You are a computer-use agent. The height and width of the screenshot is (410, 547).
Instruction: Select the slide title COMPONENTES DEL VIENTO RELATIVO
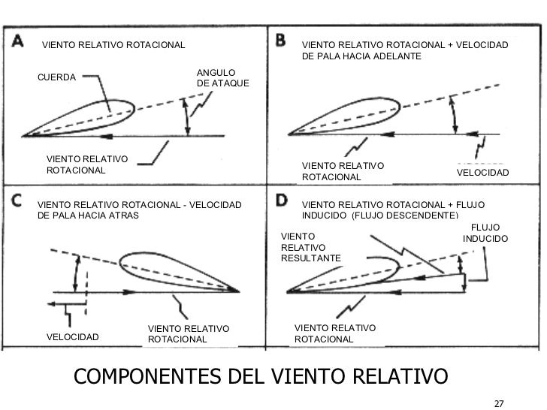(259, 375)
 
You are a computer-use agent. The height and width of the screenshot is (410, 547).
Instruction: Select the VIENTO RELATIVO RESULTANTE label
(310, 246)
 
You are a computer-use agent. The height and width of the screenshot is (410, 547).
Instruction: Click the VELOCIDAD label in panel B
(482, 173)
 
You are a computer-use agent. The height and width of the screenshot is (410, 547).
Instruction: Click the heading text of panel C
(139, 210)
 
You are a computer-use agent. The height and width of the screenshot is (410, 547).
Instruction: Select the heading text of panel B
(404, 52)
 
